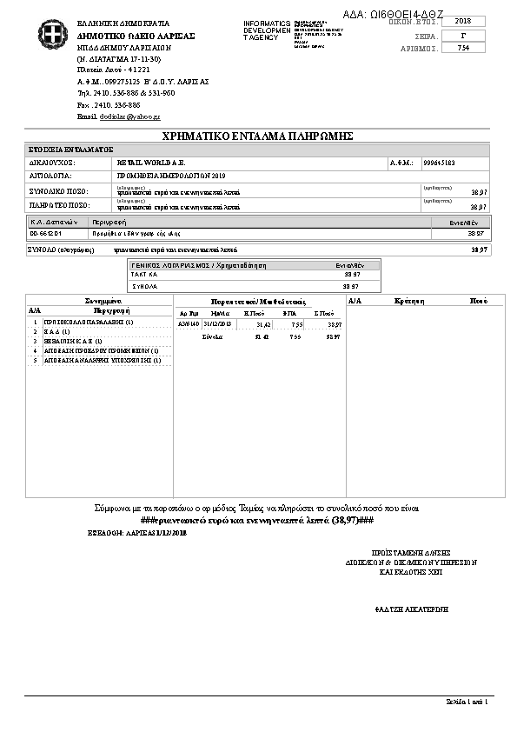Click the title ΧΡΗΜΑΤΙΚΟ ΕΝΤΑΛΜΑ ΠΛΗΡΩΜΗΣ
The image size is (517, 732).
(257, 136)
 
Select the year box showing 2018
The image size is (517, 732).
(462, 21)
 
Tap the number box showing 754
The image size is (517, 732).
(462, 49)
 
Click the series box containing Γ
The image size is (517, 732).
(462, 35)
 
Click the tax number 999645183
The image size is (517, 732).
(439, 163)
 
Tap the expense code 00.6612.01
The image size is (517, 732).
(46, 234)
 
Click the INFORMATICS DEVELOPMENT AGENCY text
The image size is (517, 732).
(268, 30)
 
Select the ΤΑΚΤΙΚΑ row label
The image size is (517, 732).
(144, 274)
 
